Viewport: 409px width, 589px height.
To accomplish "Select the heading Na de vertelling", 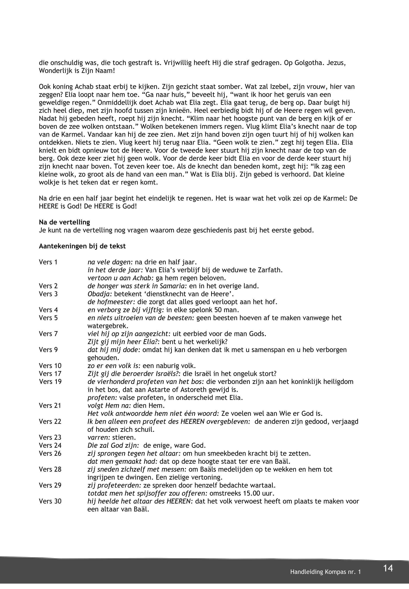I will tap(64, 222).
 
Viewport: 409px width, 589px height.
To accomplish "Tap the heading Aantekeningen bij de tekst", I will tap(82, 246).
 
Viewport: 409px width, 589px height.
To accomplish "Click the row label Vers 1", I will tap(48, 262).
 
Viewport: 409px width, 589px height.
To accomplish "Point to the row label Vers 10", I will tap(50, 366).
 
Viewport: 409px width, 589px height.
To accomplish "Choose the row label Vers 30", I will tap(50, 501).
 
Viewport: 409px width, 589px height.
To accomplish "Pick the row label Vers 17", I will tap(50, 374).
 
